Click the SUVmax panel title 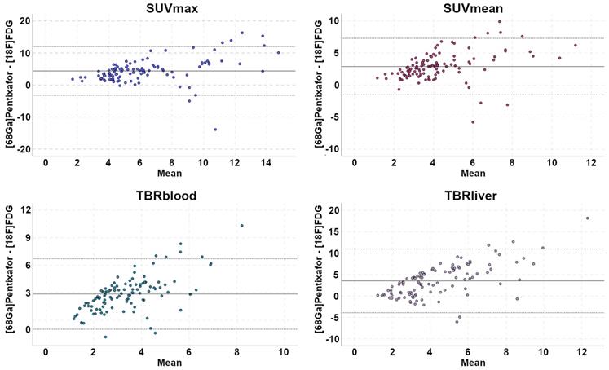165,7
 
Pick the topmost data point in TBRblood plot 241,226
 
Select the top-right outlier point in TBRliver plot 587,218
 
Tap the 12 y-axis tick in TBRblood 26,211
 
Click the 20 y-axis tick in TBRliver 333,210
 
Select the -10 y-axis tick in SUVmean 333,149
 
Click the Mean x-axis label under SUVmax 165,173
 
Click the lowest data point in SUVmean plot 472,122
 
